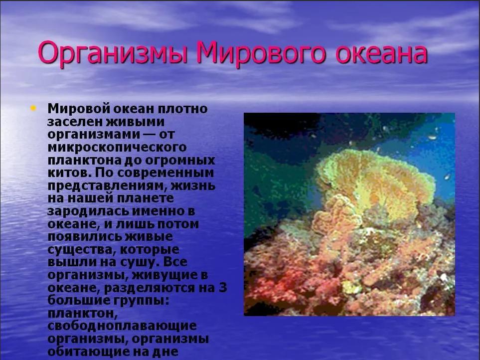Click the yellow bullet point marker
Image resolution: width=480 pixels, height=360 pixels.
click(33, 108)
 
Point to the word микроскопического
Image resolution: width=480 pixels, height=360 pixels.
click(117, 148)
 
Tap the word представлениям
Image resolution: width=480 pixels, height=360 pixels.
click(107, 186)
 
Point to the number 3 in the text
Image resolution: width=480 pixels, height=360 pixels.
click(223, 288)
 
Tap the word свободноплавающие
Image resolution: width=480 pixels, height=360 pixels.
click(122, 326)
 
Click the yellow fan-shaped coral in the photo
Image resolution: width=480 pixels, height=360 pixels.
click(376, 178)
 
